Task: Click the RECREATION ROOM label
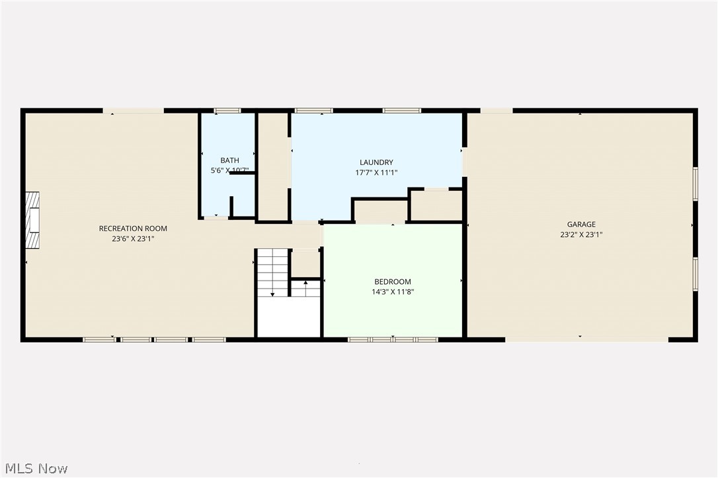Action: tap(133, 228)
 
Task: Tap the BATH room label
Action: tap(229, 160)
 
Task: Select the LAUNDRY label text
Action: tap(376, 162)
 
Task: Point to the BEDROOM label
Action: tap(392, 281)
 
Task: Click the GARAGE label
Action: tap(581, 224)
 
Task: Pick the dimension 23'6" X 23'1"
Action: tap(133, 239)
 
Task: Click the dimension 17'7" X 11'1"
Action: tap(376, 172)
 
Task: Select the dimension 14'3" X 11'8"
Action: tap(392, 292)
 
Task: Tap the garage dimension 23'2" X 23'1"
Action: tap(581, 234)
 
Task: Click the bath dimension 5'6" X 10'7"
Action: tap(229, 171)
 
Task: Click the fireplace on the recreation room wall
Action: tap(32, 221)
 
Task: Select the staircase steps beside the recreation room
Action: tap(273, 272)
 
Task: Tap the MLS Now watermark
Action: tap(34, 469)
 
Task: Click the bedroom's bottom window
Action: tap(393, 339)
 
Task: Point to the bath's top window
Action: tap(227, 111)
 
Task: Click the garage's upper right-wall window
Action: tap(695, 184)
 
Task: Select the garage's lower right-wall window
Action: tap(695, 273)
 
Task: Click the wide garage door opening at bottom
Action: tap(586, 339)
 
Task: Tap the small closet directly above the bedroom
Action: tap(380, 211)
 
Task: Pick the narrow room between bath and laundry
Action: tap(272, 166)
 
